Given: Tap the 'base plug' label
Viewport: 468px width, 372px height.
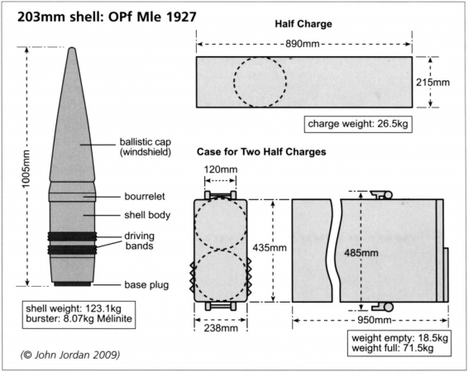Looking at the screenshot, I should (x=146, y=285).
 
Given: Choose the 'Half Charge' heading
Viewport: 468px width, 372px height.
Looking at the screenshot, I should (x=303, y=24).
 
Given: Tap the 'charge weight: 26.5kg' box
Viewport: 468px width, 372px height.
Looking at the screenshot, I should (x=359, y=125).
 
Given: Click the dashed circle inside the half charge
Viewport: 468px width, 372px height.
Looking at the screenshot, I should (x=260, y=83).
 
